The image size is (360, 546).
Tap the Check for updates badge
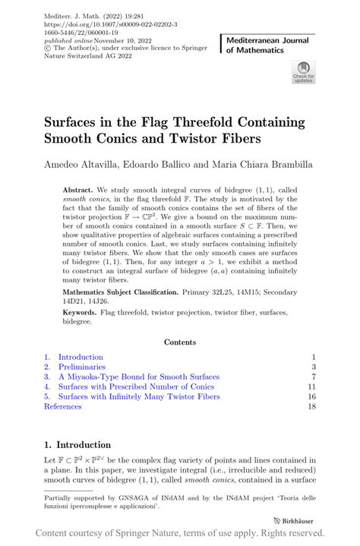pyautogui.click(x=303, y=73)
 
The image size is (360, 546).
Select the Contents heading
pyautogui.click(x=179, y=342)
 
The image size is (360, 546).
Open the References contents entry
pyautogui.click(x=62, y=406)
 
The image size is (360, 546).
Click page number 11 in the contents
pyautogui.click(x=311, y=387)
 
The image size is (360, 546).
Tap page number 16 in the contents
pyautogui.click(x=311, y=396)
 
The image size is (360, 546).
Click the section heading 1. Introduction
pyautogui.click(x=77, y=444)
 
